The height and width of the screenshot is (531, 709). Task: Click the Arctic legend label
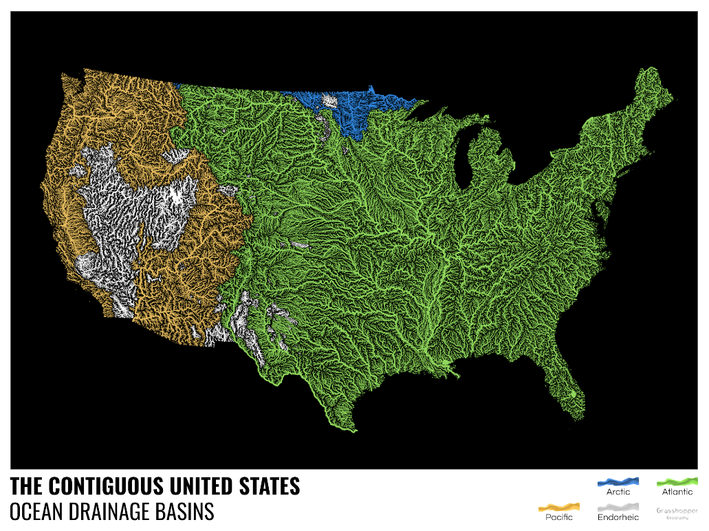coord(618,492)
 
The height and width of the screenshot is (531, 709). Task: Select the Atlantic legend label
coord(677,492)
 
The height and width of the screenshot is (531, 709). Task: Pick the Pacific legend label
coord(558,517)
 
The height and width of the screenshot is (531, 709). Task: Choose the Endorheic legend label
coord(618,517)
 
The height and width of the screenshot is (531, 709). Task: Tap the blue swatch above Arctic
coord(618,481)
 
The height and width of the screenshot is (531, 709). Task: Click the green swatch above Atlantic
coord(677,481)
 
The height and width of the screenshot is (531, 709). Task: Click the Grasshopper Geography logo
coord(677,512)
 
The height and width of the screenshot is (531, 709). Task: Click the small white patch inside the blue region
coord(330,101)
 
